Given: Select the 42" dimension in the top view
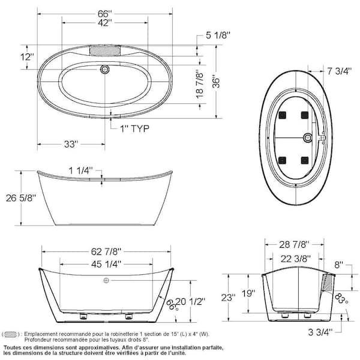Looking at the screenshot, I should point(105,24).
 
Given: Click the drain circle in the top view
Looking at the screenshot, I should point(105,70).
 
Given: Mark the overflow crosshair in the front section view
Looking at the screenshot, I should point(106,281).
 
